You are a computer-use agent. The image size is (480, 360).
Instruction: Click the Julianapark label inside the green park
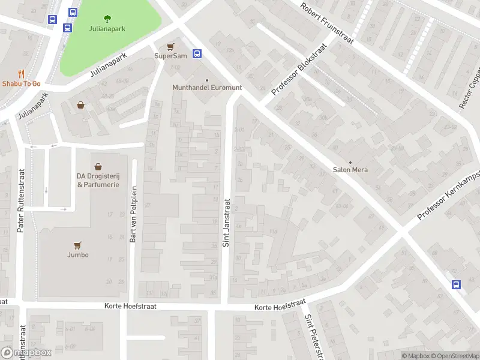click(107, 28)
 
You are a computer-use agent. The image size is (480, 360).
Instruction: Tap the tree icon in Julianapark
click(107, 18)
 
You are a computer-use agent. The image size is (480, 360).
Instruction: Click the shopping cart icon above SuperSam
click(171, 46)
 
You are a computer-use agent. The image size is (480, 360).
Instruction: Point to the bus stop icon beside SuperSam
click(197, 53)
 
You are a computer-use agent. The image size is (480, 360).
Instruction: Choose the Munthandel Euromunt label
click(207, 88)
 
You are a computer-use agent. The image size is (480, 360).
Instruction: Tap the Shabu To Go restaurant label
click(20, 83)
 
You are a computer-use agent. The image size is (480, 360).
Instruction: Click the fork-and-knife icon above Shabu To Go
click(21, 74)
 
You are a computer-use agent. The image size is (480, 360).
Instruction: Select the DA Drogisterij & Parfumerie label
click(98, 180)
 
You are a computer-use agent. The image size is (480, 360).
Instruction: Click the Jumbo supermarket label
click(78, 254)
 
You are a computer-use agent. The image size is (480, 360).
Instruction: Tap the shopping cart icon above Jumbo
click(77, 245)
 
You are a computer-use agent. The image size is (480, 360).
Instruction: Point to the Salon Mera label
click(350, 170)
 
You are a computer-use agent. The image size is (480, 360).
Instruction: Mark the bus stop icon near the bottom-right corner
click(456, 284)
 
